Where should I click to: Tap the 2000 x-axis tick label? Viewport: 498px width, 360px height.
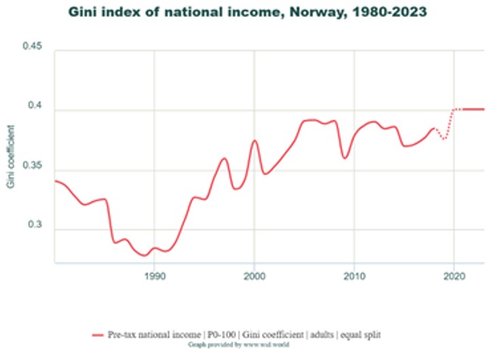(x=254, y=276)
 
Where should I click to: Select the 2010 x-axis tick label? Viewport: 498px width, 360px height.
(x=354, y=276)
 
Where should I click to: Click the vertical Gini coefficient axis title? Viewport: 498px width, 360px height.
(x=10, y=156)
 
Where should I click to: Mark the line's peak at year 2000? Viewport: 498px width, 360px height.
(x=255, y=140)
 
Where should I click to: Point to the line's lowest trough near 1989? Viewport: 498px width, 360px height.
(x=144, y=256)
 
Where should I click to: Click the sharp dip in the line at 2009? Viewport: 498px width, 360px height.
(x=345, y=158)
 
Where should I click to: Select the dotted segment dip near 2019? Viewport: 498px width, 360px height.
(x=444, y=139)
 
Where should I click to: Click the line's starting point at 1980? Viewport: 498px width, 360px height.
(x=55, y=181)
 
